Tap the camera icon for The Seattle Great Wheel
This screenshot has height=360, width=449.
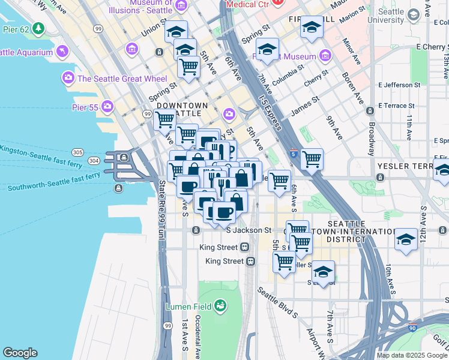(68, 77)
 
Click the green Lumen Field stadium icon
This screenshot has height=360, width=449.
(220, 306)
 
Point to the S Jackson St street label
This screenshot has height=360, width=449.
(249, 230)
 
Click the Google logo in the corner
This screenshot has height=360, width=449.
(20, 353)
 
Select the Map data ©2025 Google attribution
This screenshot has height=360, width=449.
(412, 355)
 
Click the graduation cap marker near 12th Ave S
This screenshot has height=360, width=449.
(406, 241)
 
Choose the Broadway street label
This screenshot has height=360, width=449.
(372, 138)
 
